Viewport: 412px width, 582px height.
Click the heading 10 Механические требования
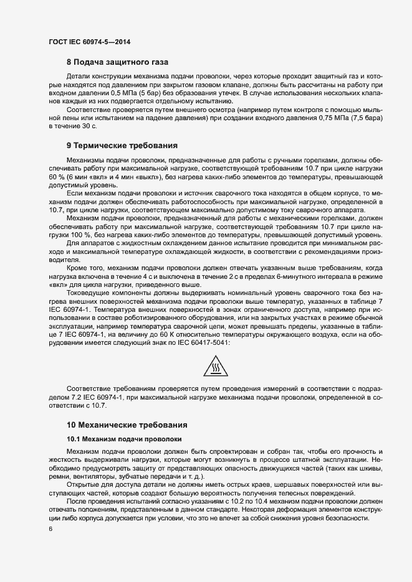(127, 425)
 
